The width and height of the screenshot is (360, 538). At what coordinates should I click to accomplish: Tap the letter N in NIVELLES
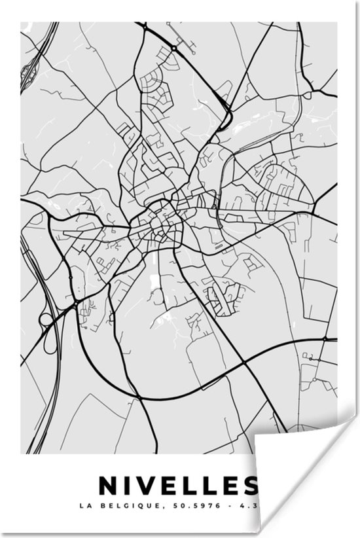107,485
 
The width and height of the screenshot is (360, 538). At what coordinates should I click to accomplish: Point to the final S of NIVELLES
249,485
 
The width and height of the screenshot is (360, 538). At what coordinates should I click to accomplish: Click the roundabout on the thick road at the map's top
174,48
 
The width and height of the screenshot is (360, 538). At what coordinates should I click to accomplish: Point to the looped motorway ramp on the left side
47,321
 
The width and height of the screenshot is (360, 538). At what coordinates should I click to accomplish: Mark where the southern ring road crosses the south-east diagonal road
243,362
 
